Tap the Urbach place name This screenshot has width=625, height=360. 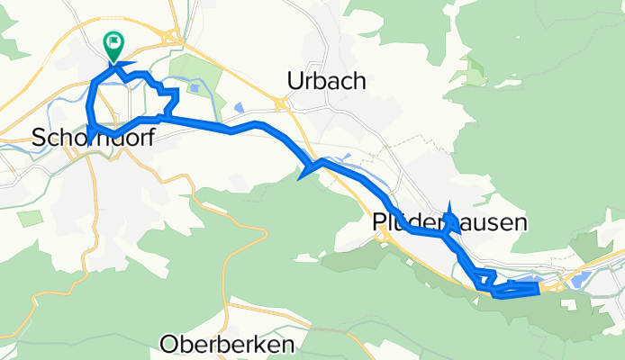(326, 81)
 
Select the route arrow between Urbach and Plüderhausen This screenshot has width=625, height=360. (308, 168)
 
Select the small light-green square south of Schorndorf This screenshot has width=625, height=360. (30, 218)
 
